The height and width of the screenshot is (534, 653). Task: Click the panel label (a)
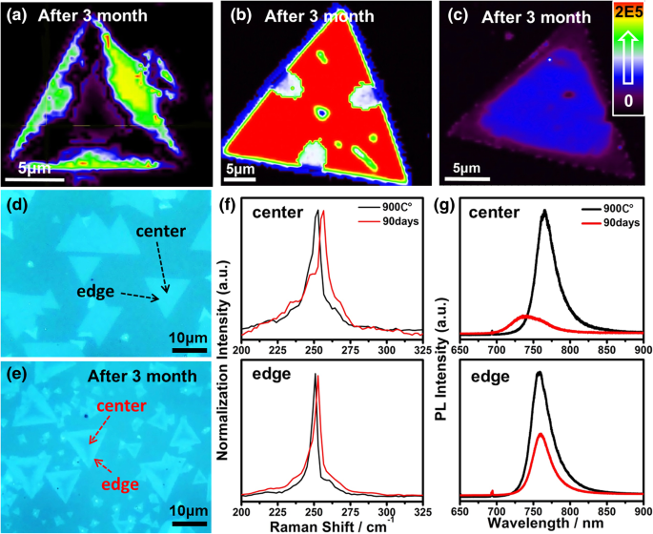pyautogui.click(x=19, y=16)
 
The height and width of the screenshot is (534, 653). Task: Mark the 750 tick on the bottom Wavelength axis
pyautogui.click(x=534, y=511)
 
